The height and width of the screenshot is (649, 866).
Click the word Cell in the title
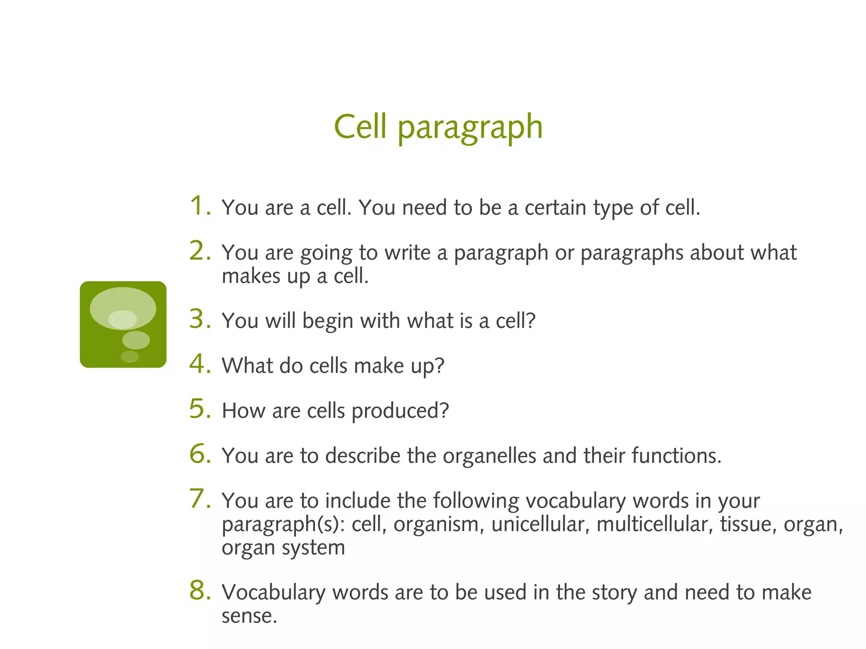pyautogui.click(x=360, y=126)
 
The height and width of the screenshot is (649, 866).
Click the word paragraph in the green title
pyautogui.click(x=470, y=128)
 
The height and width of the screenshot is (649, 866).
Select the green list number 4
pyautogui.click(x=200, y=364)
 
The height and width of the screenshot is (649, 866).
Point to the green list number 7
pyautogui.click(x=200, y=499)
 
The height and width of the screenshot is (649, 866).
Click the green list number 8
pyautogui.click(x=200, y=590)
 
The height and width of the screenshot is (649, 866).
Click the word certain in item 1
pyautogui.click(x=555, y=207)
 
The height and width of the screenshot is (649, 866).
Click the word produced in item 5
pyautogui.click(x=400, y=411)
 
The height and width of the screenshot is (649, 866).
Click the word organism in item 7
pyautogui.click(x=438, y=525)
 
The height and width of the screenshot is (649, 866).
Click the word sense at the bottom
pyautogui.click(x=249, y=616)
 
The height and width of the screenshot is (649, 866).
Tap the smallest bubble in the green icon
pyautogui.click(x=129, y=357)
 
